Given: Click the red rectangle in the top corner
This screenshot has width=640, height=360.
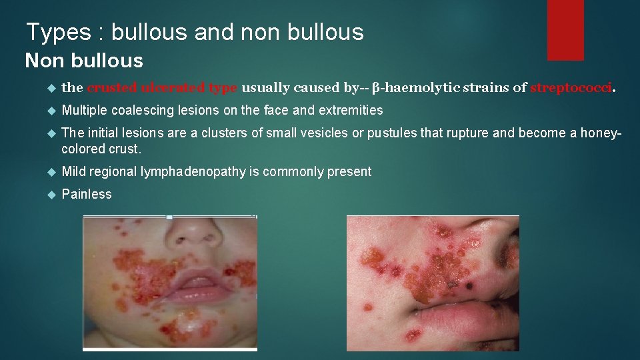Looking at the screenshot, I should [x=565, y=30].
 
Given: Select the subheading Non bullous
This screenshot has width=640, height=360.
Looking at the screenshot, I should [x=84, y=61].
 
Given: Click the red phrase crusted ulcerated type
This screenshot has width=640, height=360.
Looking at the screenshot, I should [x=162, y=87].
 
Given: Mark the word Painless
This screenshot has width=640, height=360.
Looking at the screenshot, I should [x=87, y=194].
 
